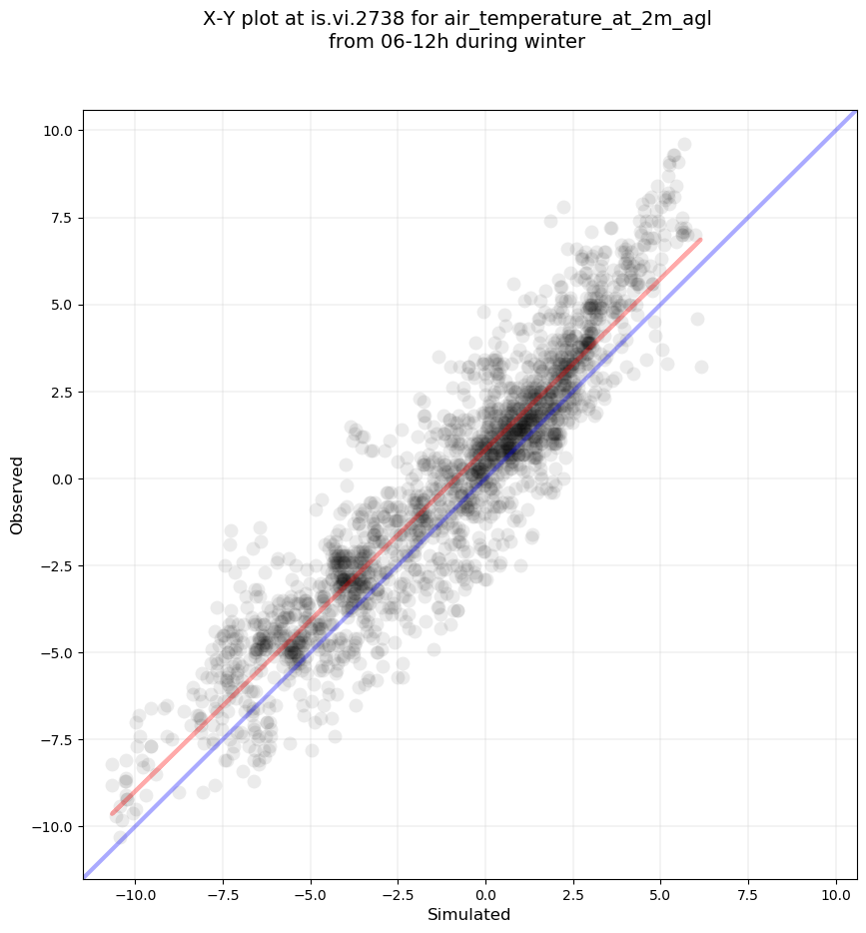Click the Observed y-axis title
(17, 494)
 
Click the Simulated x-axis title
(468, 915)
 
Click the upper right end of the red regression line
(701, 239)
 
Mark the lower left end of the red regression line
(112, 815)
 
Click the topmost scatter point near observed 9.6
(684, 144)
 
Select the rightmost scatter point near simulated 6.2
(701, 367)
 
